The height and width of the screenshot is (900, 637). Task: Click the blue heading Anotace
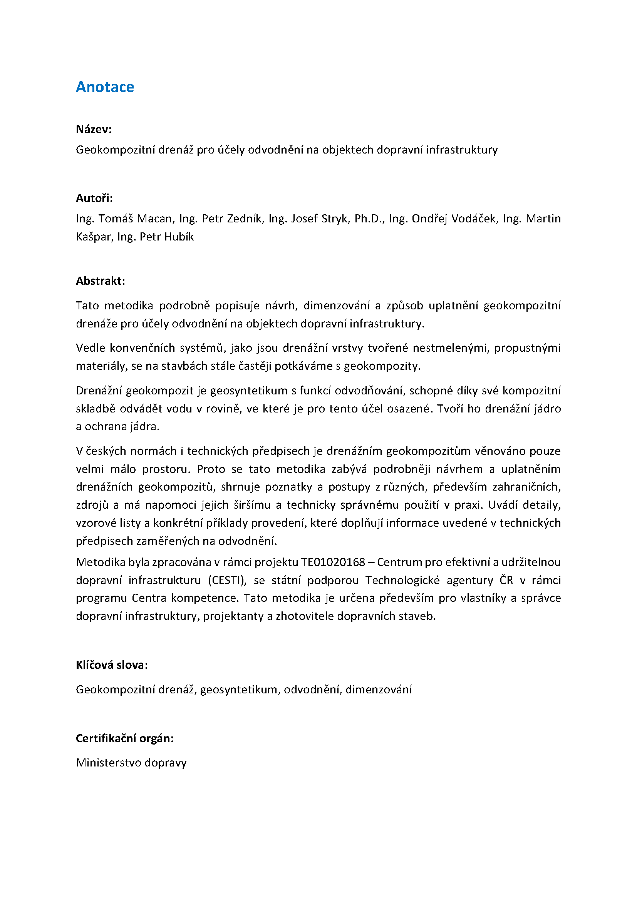coord(105,87)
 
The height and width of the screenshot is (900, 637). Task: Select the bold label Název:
coord(94,129)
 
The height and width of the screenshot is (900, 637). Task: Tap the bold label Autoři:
coord(94,198)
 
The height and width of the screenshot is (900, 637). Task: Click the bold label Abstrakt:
coord(101,281)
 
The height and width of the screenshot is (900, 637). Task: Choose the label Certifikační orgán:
coord(125,738)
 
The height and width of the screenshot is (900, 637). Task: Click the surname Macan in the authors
coord(154,219)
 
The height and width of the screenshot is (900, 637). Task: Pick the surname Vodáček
coord(473,219)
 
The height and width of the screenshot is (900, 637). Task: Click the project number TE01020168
coord(333,562)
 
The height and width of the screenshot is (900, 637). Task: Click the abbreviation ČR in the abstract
coord(506,580)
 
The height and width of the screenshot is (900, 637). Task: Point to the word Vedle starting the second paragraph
coord(90,348)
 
